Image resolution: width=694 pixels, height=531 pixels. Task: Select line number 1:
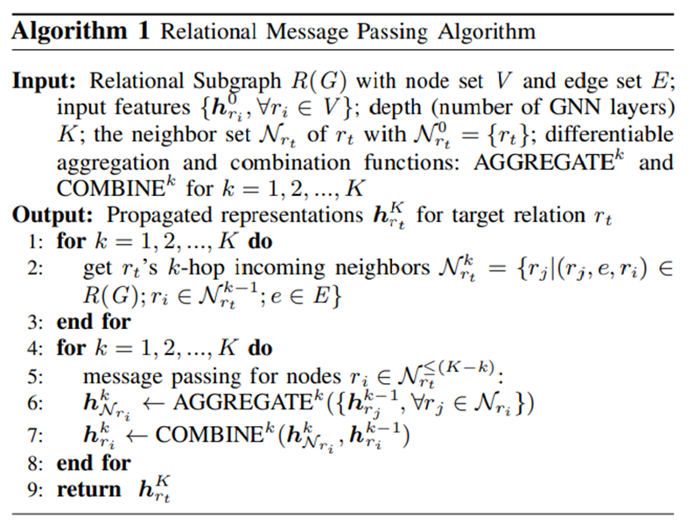click(x=36, y=242)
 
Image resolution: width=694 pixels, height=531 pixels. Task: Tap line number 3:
click(x=36, y=321)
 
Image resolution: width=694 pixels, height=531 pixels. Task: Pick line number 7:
click(x=36, y=434)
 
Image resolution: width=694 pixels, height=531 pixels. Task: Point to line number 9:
click(x=36, y=489)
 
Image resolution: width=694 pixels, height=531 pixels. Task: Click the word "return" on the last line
click(x=88, y=489)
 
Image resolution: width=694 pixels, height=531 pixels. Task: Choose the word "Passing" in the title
click(x=389, y=32)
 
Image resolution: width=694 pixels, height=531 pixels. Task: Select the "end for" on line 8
click(x=93, y=462)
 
